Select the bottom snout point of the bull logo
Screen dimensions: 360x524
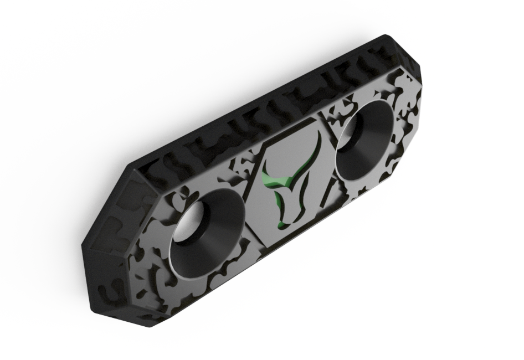[x=283, y=227]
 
